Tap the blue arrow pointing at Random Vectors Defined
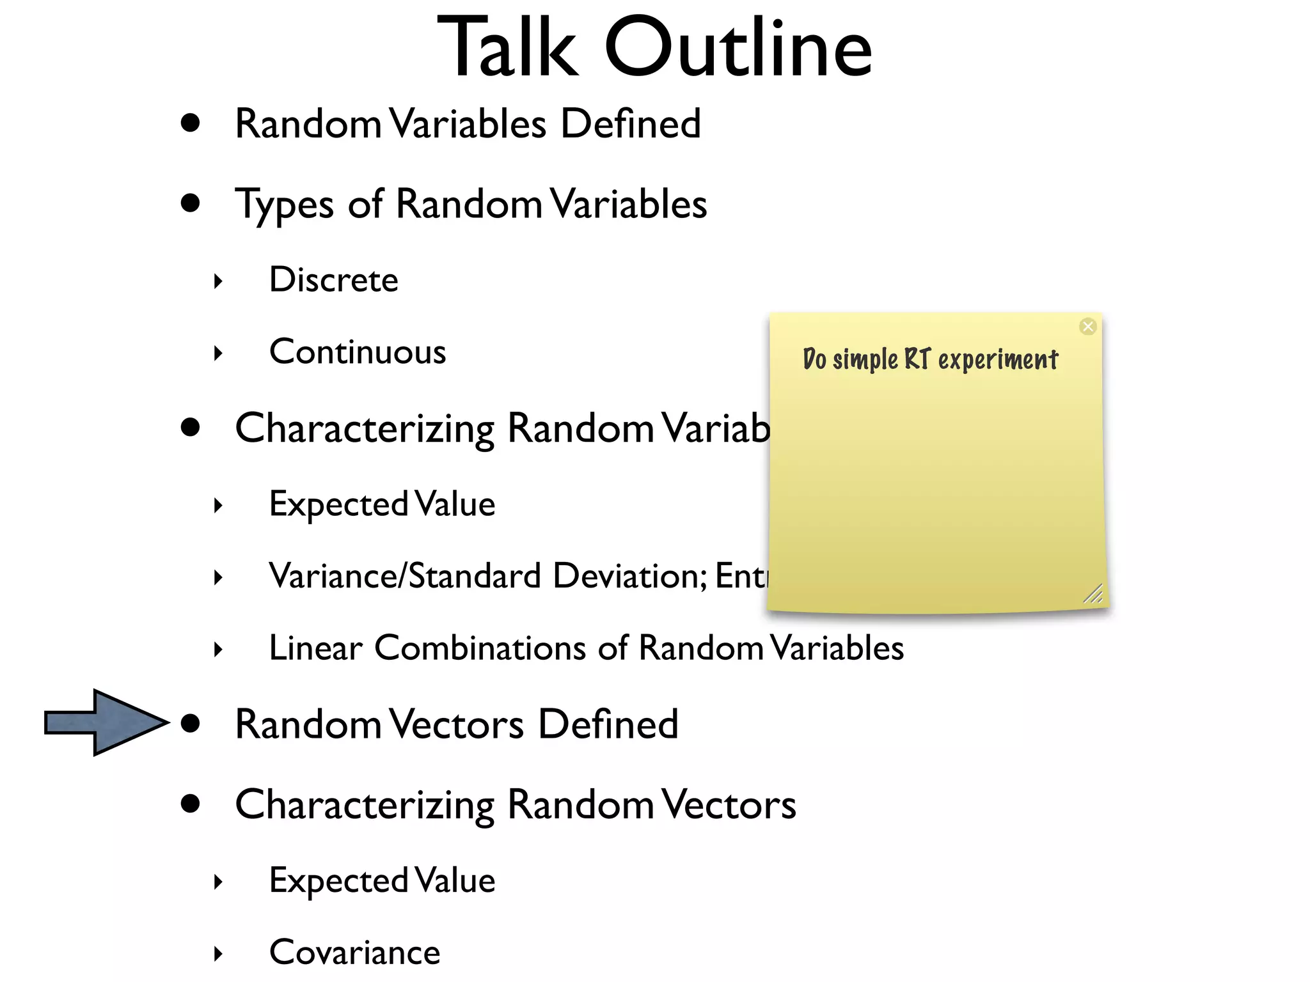point(106,722)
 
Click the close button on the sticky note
point(1087,327)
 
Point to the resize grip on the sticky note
point(1093,594)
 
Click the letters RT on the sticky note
point(916,359)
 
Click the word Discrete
point(333,280)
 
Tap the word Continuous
point(357,352)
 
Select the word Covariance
point(354,953)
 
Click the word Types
point(284,205)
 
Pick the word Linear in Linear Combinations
point(315,648)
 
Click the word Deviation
point(629,575)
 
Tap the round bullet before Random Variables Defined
point(191,123)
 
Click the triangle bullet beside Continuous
point(218,353)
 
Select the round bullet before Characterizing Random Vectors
point(191,804)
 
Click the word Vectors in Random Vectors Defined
point(457,724)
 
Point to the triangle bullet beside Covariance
point(218,954)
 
